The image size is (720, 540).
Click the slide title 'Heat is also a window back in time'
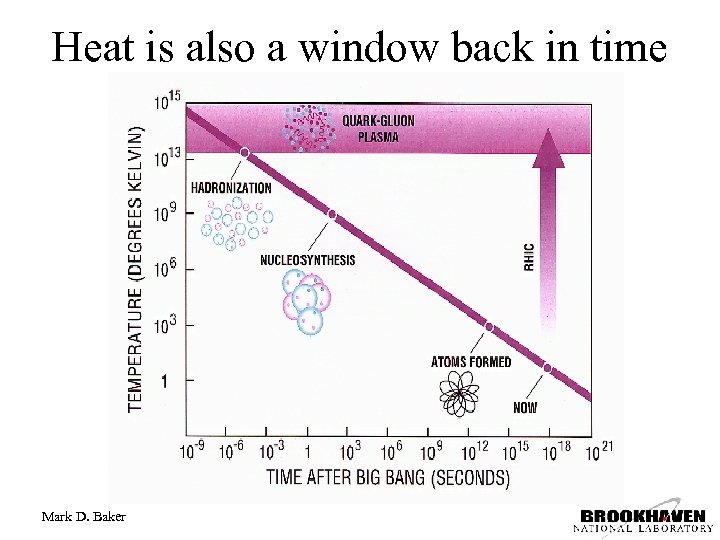point(359,46)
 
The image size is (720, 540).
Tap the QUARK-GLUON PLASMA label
point(378,129)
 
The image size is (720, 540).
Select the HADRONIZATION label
point(231,187)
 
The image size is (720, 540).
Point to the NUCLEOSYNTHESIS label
point(307,260)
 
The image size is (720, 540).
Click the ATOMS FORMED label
point(470,362)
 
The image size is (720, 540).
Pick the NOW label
point(525,407)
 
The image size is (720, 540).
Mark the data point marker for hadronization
point(244,153)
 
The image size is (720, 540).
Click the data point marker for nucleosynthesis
point(332,214)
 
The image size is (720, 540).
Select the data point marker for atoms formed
point(489,327)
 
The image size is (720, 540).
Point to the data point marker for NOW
point(547,369)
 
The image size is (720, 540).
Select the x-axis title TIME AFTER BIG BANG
point(388,476)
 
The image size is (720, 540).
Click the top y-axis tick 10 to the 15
point(166,102)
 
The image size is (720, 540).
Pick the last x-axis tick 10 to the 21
point(599,451)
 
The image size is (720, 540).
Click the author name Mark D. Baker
point(84,516)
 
